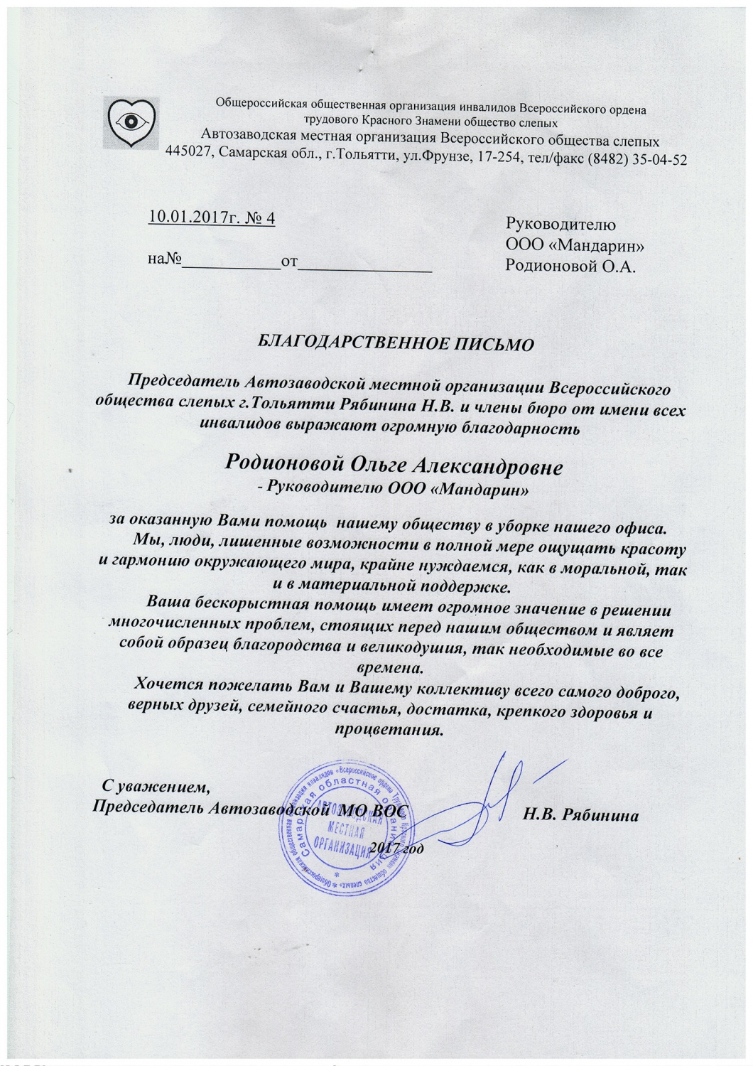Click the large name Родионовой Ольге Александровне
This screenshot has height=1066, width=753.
[394, 467]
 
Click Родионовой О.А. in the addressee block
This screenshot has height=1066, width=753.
[569, 266]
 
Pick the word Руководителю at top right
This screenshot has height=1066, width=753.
[560, 225]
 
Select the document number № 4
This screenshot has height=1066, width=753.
[260, 217]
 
